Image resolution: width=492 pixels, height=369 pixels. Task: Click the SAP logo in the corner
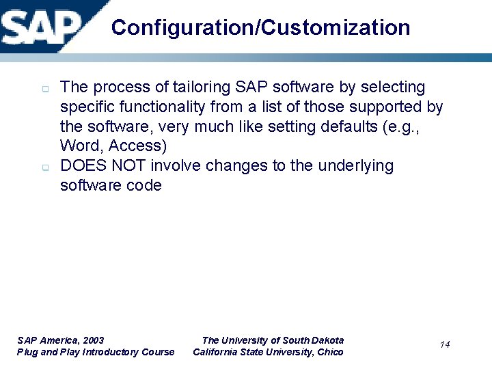[x=41, y=25]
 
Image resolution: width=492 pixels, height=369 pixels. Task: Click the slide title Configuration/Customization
[x=260, y=27]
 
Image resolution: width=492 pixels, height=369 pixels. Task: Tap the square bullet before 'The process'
[x=42, y=89]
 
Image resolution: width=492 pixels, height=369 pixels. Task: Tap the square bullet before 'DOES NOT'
[x=42, y=167]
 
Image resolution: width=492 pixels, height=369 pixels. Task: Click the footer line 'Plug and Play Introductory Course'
[x=96, y=352]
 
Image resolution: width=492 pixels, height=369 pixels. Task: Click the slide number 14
[x=445, y=344]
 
